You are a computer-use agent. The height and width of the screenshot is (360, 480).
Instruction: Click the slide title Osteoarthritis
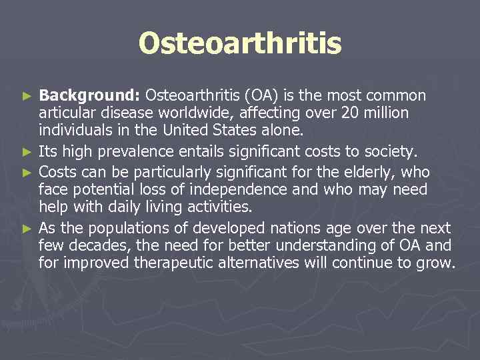(x=240, y=44)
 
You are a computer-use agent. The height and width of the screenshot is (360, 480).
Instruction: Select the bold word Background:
(x=90, y=96)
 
